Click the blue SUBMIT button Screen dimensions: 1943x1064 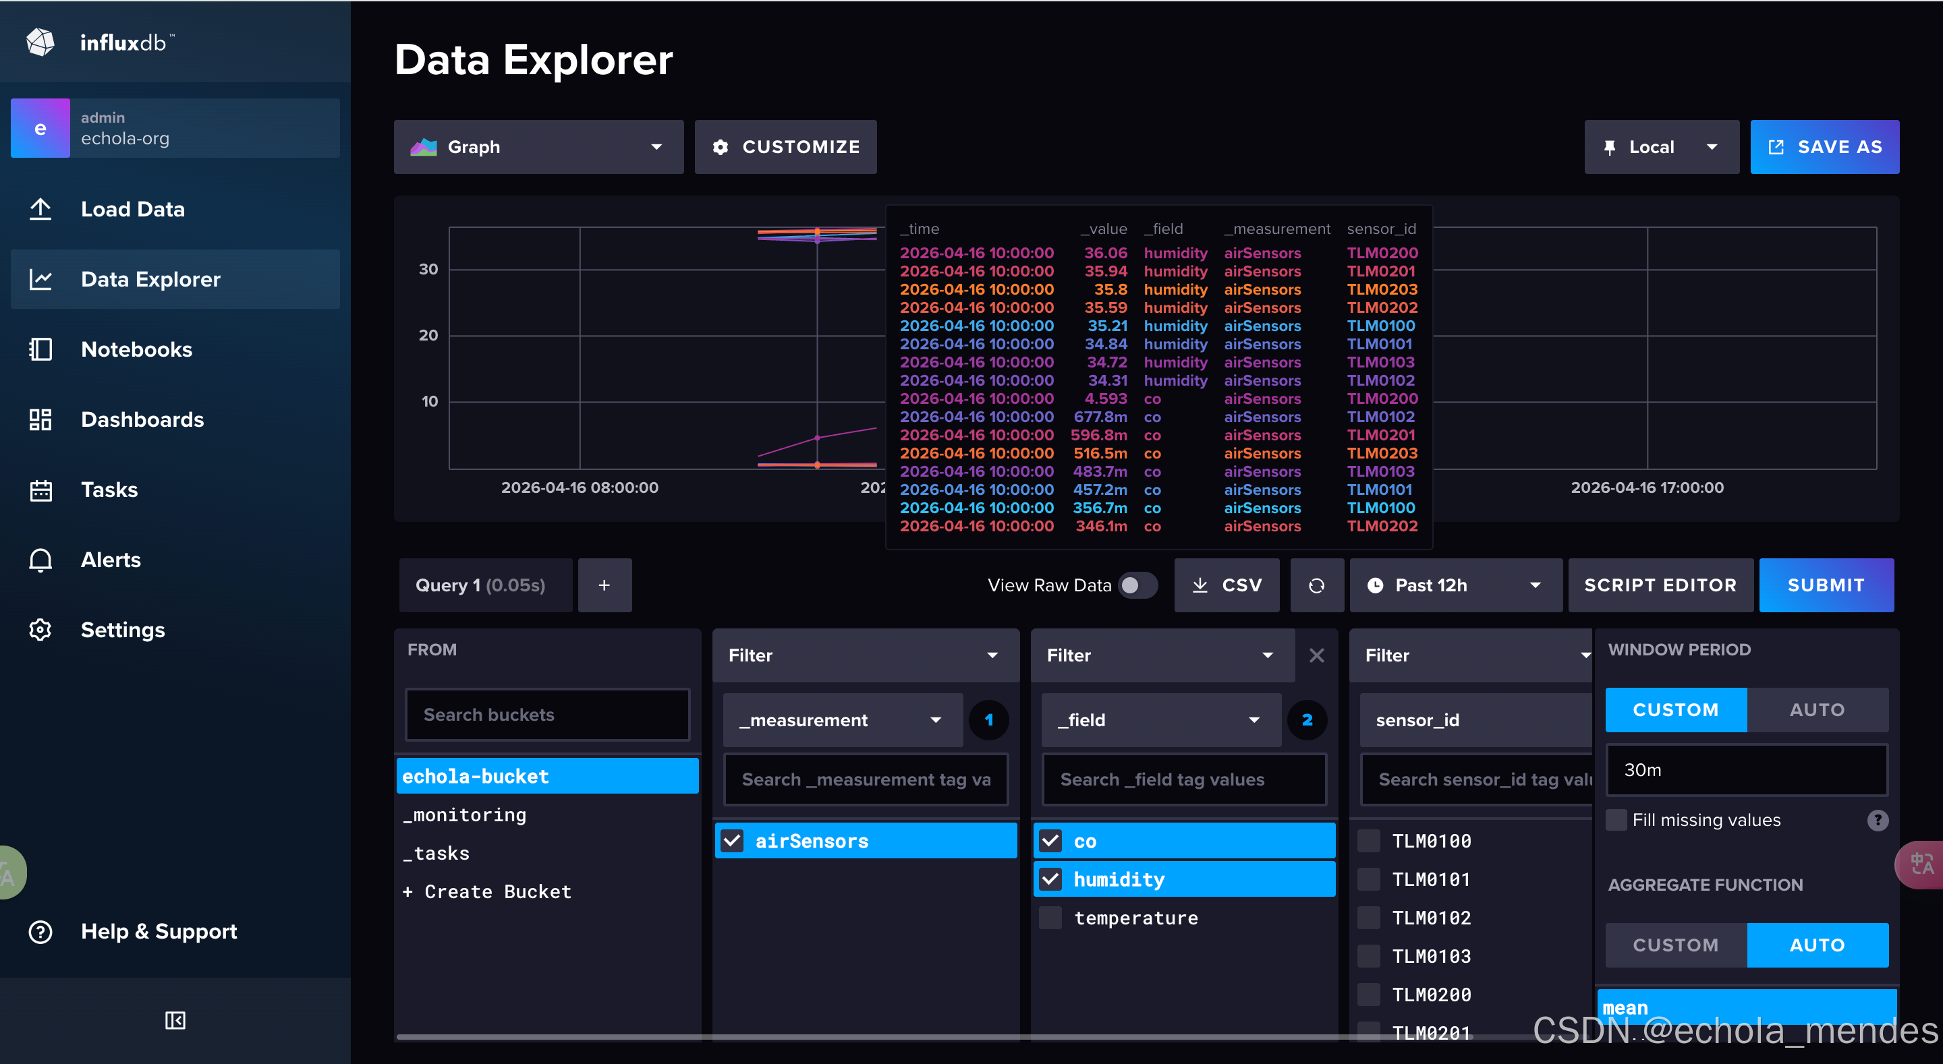coord(1826,585)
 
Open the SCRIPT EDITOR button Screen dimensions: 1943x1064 coord(1660,585)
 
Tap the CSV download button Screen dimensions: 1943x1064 coord(1227,585)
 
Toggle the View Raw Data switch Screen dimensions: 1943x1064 coord(1137,585)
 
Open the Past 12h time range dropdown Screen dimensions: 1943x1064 coord(1455,585)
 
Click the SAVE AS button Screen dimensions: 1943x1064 coord(1824,147)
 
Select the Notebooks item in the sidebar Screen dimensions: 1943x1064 coord(136,349)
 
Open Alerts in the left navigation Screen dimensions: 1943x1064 coord(111,560)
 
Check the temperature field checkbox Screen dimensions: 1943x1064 coord(1050,918)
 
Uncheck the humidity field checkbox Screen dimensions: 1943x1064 coord(1050,879)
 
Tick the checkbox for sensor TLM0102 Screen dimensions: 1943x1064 coord(1368,918)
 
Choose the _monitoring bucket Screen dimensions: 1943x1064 coord(465,815)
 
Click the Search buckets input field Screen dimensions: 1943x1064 coord(548,714)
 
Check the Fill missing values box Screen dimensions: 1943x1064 coord(1616,820)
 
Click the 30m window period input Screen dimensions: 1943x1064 coord(1746,770)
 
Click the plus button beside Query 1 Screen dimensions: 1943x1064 coord(604,585)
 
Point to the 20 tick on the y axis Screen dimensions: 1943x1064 coord(428,335)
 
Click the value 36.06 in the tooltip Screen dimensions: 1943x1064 coord(1106,253)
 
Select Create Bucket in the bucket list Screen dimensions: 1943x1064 coord(487,891)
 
